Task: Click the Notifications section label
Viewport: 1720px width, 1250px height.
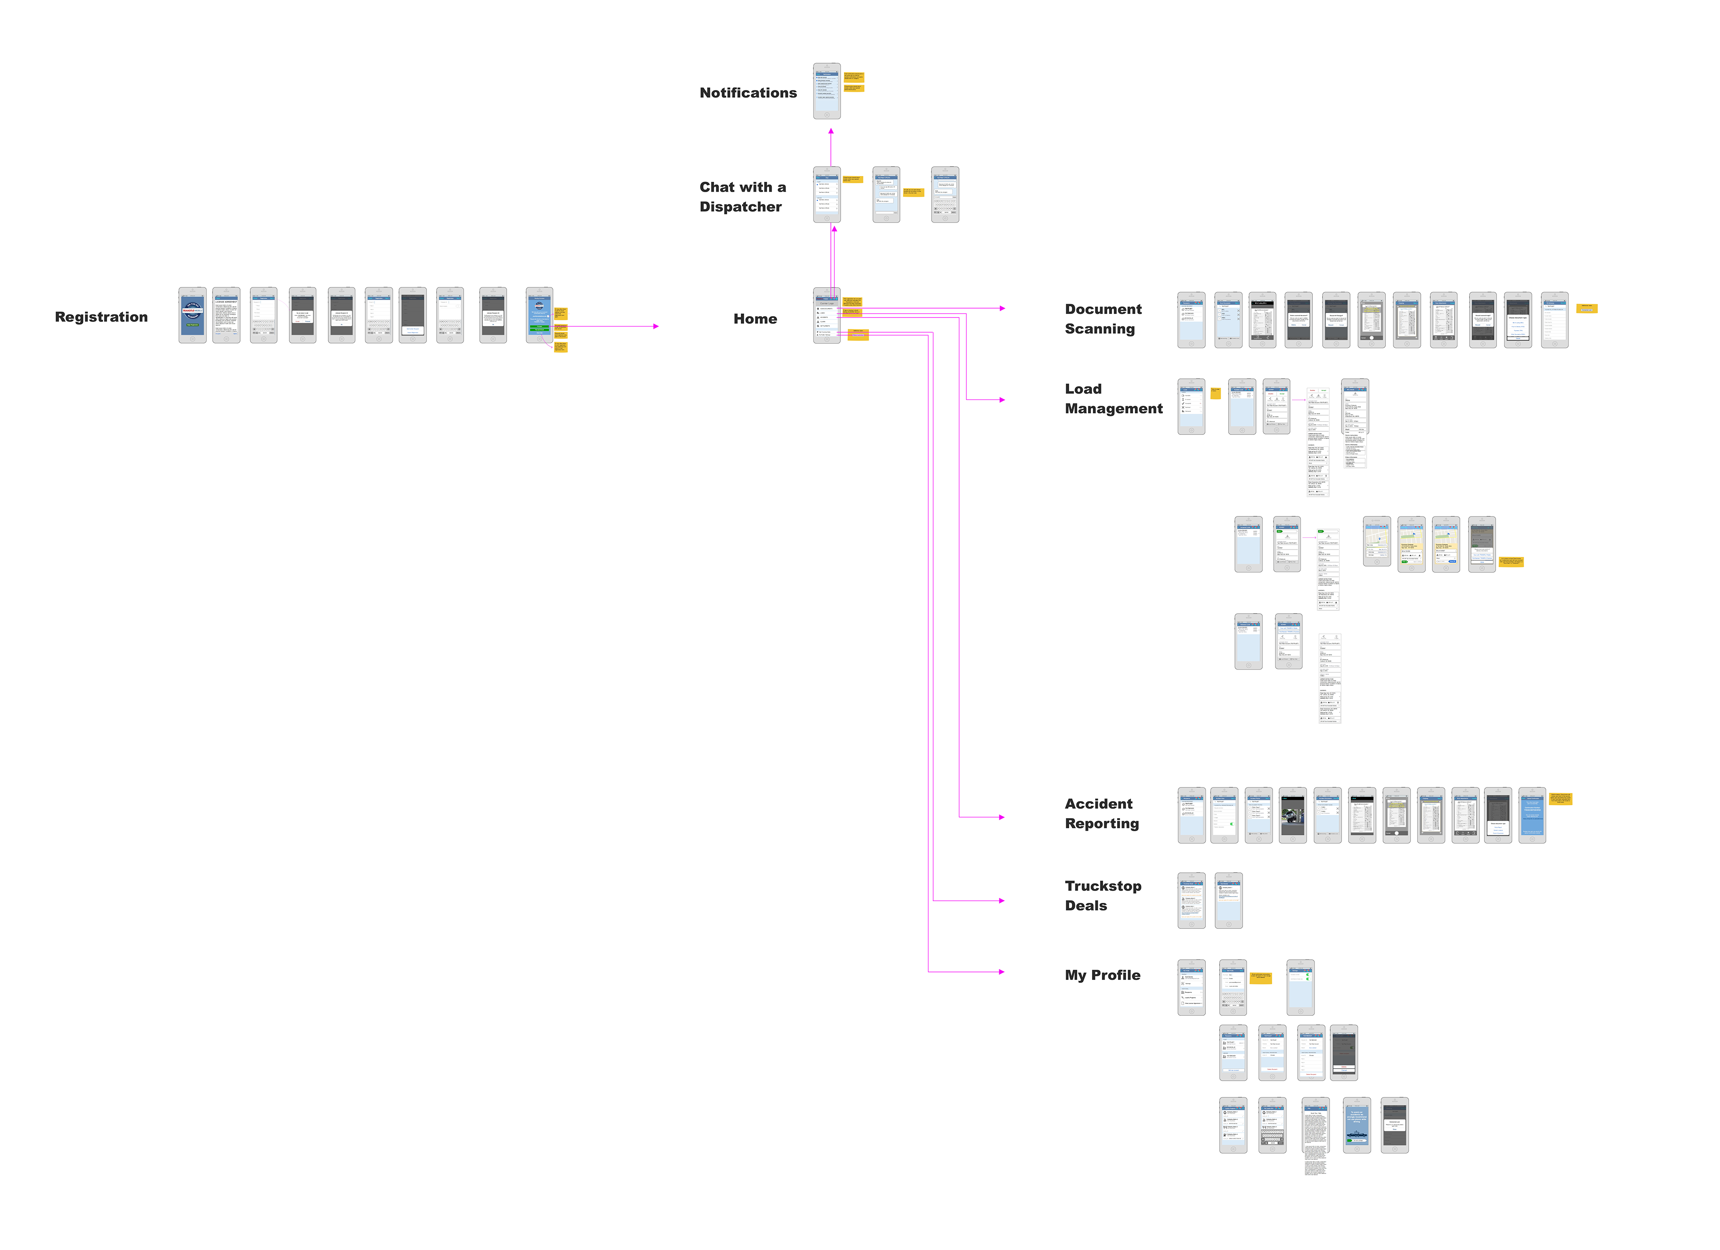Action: (748, 93)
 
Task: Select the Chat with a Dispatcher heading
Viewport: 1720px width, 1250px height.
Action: (743, 197)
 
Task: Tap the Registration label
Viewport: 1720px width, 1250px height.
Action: (101, 317)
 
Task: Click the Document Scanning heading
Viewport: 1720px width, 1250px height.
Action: (1103, 318)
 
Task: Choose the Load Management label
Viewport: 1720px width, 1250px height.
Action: (1113, 398)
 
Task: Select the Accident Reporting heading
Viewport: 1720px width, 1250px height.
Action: (1101, 813)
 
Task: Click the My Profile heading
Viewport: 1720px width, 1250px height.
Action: (1102, 975)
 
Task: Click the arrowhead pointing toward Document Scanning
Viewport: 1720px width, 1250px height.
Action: (1002, 309)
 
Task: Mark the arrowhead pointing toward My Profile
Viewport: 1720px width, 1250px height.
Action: (1002, 971)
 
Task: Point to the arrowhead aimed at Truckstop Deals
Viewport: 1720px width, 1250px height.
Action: (1002, 900)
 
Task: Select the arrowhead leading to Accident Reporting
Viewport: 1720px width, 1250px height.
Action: (1002, 817)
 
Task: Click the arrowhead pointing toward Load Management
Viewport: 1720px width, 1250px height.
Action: (1002, 400)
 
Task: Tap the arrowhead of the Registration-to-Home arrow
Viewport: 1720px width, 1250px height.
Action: (656, 326)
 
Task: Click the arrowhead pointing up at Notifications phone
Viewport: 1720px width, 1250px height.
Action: (831, 131)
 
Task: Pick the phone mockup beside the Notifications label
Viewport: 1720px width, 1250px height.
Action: (827, 91)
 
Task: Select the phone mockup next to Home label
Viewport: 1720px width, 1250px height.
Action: (827, 316)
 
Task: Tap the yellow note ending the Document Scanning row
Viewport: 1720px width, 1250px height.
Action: (1587, 308)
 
